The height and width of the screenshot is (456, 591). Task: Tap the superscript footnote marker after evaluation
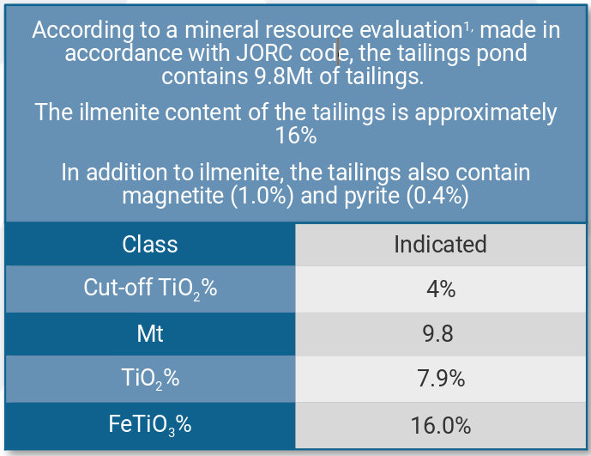(x=468, y=27)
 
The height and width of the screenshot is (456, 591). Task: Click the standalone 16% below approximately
(x=296, y=136)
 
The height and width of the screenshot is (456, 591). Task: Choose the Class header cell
(x=150, y=244)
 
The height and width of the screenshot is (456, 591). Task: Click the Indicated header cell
(x=440, y=244)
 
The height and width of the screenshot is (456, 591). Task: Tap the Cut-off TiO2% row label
(x=150, y=289)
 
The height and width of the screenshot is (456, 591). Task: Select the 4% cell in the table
(x=440, y=289)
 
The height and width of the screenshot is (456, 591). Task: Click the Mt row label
(x=150, y=333)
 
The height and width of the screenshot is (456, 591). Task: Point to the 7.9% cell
(x=440, y=378)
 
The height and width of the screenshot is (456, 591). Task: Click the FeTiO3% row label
(x=150, y=424)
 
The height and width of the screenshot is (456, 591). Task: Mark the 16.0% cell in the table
(x=440, y=425)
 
